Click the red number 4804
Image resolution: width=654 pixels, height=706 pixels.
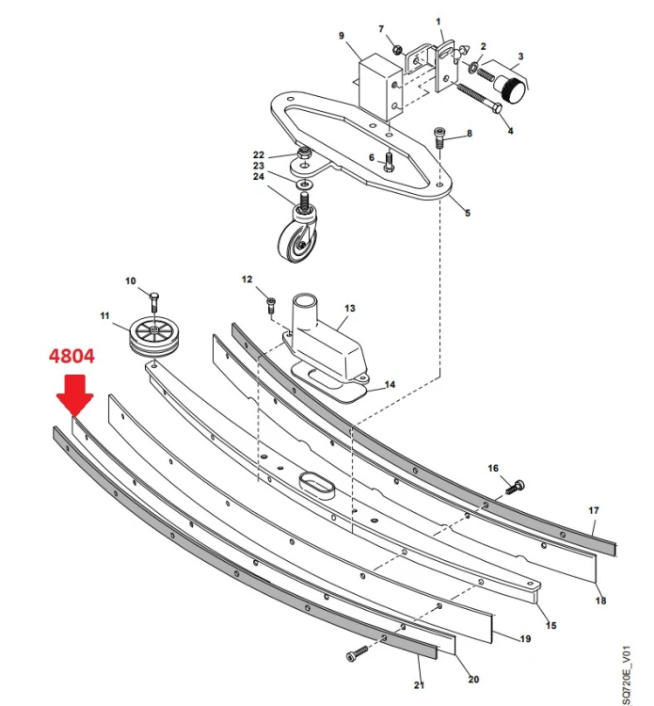(72, 356)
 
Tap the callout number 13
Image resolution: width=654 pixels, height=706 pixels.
(350, 309)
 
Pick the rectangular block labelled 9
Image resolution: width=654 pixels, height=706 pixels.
(380, 87)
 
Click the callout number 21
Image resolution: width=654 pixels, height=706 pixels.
(419, 685)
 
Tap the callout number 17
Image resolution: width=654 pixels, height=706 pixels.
(594, 510)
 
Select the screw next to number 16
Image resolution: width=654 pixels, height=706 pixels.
(516, 488)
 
